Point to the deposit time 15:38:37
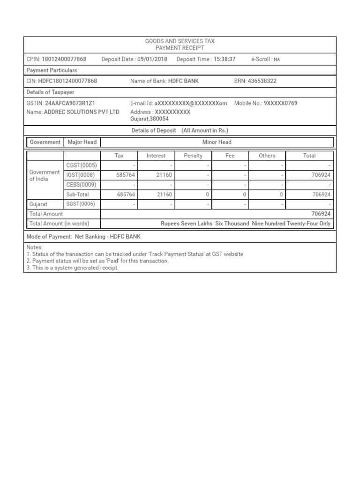pyautogui.click(x=224, y=59)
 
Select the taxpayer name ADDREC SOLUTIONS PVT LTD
pyautogui.click(x=82, y=112)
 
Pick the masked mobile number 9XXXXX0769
pyautogui.click(x=280, y=103)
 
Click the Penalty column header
pyautogui.click(x=193, y=156)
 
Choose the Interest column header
pyautogui.click(x=156, y=156)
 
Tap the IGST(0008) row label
pyautogui.click(x=82, y=175)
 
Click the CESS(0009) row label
pyautogui.click(x=82, y=185)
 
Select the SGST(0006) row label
pyautogui.click(x=82, y=204)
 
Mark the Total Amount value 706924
pyautogui.click(x=321, y=214)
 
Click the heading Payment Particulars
pyautogui.click(x=52, y=70)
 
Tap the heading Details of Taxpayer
pyautogui.click(x=51, y=92)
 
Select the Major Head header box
pyautogui.click(x=82, y=142)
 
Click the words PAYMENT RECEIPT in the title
pyautogui.click(x=180, y=48)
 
